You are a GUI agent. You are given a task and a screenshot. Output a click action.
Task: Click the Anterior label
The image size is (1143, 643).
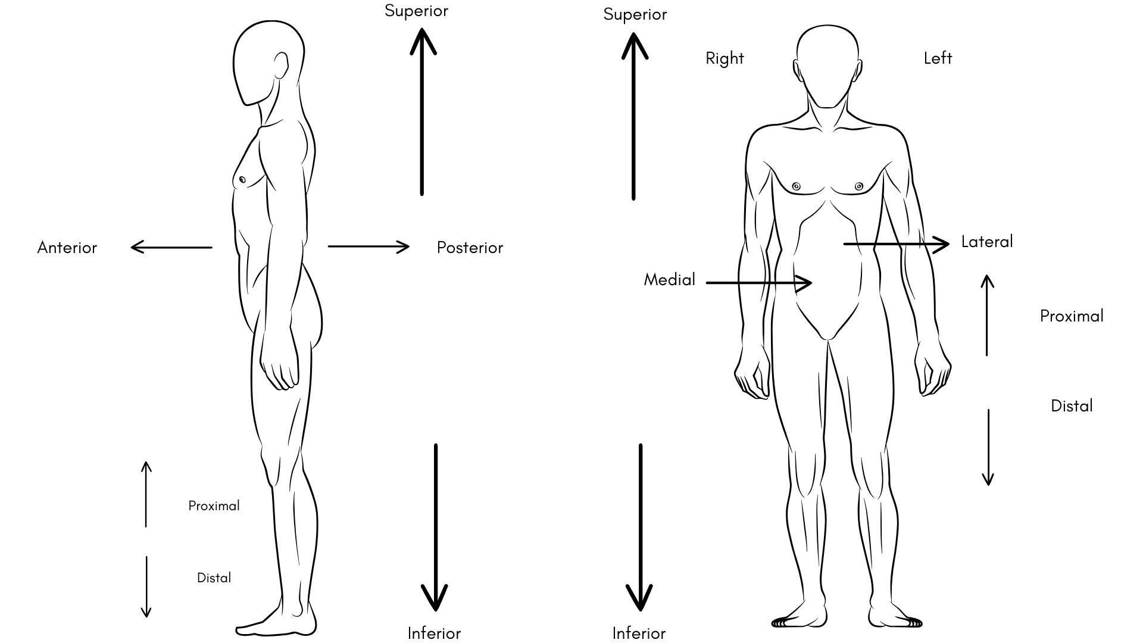[x=67, y=248]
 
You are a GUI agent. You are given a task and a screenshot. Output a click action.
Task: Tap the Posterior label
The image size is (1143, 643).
[x=470, y=248]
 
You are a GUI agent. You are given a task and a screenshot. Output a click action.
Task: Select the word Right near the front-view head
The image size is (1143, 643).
[x=724, y=58]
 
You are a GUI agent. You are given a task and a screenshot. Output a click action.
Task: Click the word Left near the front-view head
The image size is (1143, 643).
[x=938, y=58]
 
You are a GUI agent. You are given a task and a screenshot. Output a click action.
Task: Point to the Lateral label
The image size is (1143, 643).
[x=986, y=242]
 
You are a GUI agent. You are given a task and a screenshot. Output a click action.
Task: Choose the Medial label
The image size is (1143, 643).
[x=669, y=280]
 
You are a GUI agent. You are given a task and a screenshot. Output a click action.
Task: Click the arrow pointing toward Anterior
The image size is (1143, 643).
[x=171, y=246]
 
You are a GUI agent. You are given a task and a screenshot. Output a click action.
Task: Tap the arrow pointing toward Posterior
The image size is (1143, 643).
[x=368, y=246]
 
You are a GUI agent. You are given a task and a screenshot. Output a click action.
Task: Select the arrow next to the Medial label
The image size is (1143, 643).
[x=758, y=283]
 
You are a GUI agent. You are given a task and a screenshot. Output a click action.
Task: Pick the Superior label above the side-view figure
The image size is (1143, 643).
[x=416, y=11]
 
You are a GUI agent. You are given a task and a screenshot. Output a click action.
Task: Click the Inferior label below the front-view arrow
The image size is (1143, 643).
[x=639, y=633]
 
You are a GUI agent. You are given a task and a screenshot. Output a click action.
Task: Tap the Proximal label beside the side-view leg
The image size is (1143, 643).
[x=214, y=506]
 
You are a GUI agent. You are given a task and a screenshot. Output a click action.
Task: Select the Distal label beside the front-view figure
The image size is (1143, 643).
[x=1072, y=406]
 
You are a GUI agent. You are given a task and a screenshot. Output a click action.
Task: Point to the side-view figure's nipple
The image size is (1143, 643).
[x=242, y=179]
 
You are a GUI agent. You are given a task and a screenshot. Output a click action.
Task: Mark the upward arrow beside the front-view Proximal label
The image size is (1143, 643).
[x=987, y=316]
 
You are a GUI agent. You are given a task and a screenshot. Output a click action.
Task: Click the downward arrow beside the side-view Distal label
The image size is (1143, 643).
[x=146, y=586]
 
